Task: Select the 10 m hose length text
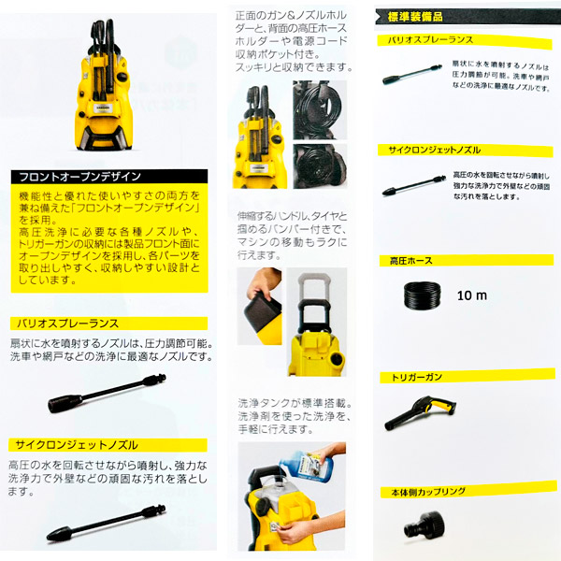(x=474, y=295)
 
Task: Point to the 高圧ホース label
(x=412, y=261)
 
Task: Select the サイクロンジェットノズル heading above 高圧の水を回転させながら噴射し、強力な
(x=75, y=444)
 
